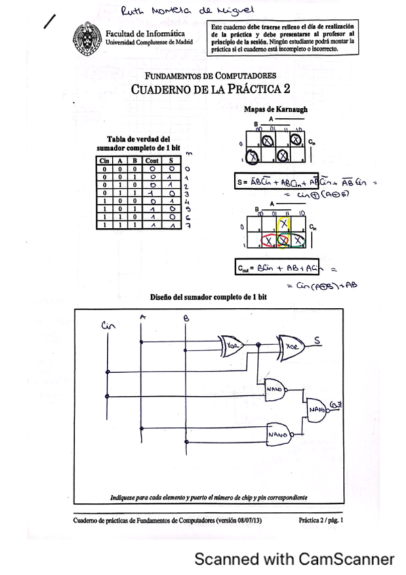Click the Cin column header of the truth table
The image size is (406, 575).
104,160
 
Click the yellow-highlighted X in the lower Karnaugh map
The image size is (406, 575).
284,222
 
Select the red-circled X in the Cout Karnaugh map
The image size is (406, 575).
269,241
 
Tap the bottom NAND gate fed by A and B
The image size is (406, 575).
277,431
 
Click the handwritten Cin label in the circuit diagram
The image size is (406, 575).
108,325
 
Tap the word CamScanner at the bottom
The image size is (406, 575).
346,559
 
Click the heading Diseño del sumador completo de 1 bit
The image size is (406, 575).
208,297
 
